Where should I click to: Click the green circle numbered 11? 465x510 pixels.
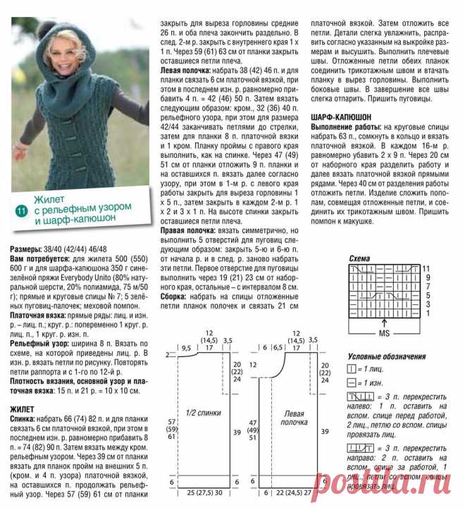(20, 210)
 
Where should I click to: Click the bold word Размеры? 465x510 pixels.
(28, 249)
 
